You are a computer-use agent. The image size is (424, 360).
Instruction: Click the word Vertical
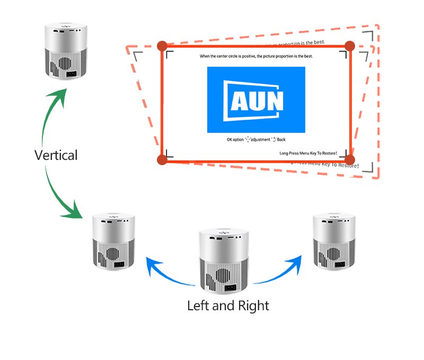click(56, 155)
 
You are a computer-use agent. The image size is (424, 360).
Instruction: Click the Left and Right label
click(228, 305)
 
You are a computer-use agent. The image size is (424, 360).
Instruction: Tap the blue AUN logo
click(256, 100)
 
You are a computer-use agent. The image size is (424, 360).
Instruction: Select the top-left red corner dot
click(162, 46)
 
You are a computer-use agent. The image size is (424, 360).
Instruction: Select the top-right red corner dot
click(349, 46)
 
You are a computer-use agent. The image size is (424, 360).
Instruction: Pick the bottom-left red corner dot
click(162, 159)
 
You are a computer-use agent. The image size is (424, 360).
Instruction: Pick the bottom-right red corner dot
click(349, 159)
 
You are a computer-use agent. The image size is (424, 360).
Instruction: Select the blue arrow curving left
click(167, 270)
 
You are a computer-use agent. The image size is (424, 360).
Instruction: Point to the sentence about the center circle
click(256, 56)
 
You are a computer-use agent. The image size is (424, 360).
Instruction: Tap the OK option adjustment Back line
click(256, 139)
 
